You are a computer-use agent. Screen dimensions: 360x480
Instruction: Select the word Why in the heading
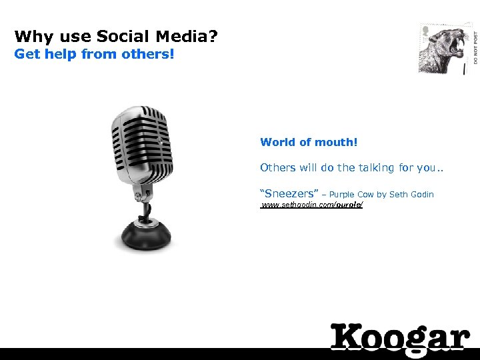click(x=31, y=36)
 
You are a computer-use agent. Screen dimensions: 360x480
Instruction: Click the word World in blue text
click(x=277, y=142)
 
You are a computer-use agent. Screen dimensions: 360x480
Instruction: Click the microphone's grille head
click(x=141, y=143)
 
